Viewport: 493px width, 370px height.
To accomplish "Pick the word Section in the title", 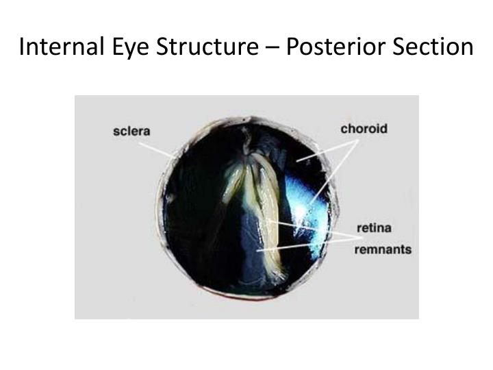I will (x=431, y=47).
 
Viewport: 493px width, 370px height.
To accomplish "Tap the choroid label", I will (x=364, y=128).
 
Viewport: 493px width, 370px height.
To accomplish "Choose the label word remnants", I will (x=382, y=249).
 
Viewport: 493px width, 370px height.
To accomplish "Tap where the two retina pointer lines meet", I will (x=359, y=237).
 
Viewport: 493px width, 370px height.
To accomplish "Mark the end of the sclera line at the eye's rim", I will (x=174, y=156).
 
